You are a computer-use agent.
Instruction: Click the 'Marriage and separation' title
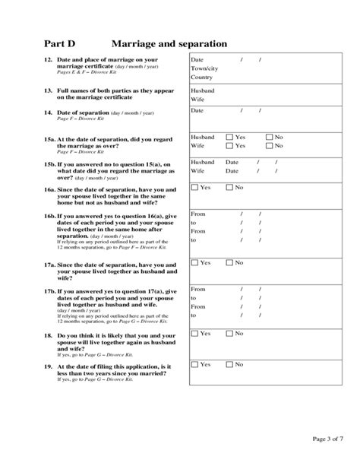(169, 44)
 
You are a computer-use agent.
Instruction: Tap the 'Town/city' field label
(204, 68)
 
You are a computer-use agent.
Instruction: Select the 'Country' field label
(201, 78)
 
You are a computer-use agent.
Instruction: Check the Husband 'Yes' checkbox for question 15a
(229, 137)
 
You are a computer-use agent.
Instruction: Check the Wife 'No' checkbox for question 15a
(268, 145)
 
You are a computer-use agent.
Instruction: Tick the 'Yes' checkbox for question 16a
(195, 187)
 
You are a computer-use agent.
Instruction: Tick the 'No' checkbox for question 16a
(229, 187)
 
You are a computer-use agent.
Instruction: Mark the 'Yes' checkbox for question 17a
(195, 262)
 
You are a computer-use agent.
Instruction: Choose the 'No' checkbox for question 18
(229, 333)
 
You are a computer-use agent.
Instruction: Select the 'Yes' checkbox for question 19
(195, 365)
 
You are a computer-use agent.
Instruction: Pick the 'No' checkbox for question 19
(229, 365)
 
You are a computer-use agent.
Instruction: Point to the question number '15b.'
(50, 163)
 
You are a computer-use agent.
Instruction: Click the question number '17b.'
(50, 291)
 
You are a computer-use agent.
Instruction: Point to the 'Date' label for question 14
(197, 110)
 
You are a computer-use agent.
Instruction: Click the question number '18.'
(48, 334)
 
